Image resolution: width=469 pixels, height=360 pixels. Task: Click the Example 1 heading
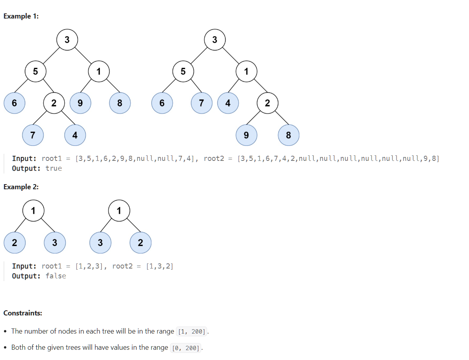[21, 16]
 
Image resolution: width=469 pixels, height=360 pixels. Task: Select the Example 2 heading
[21, 187]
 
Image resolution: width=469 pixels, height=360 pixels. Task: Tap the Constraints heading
[23, 313]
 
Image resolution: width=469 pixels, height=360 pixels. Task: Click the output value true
[54, 168]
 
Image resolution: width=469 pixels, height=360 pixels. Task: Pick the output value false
[56, 276]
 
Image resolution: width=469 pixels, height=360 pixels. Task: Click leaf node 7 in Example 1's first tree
[33, 135]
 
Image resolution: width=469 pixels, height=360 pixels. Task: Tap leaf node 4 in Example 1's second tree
[228, 103]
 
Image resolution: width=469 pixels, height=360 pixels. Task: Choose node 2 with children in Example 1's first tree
[54, 103]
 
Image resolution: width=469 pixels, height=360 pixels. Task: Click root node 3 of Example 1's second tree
[215, 40]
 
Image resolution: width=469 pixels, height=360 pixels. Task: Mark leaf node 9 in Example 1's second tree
[246, 135]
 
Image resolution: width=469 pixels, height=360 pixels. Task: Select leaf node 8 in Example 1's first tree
[120, 103]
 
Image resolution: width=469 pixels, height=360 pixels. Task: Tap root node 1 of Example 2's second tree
[119, 211]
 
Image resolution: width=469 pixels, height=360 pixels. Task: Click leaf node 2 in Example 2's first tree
[15, 242]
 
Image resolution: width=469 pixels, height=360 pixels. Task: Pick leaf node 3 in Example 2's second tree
[100, 242]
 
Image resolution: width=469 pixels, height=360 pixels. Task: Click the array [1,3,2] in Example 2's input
[159, 266]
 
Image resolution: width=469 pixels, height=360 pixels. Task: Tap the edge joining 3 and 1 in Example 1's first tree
[83, 56]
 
